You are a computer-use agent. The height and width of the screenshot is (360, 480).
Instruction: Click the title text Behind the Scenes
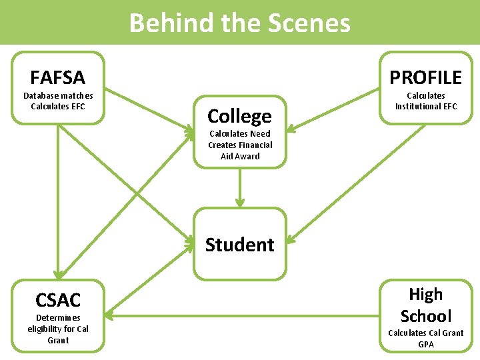tap(239, 23)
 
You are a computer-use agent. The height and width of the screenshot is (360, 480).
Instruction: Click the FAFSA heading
tap(58, 77)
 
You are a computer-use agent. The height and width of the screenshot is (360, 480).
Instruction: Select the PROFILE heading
tap(425, 77)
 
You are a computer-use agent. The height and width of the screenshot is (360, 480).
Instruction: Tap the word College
tap(239, 116)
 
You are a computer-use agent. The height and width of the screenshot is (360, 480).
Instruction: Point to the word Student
tap(239, 245)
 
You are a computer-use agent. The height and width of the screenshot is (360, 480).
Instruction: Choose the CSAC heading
tap(58, 300)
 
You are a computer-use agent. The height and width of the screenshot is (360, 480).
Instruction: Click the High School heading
tap(425, 305)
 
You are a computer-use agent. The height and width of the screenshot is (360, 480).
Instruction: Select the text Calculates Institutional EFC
tap(425, 101)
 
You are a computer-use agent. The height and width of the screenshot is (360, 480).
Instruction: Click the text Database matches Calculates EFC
tap(58, 101)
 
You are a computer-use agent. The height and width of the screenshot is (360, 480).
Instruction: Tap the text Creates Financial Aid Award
tap(239, 151)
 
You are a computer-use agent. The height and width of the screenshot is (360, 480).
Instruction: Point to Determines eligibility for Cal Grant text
tap(58, 329)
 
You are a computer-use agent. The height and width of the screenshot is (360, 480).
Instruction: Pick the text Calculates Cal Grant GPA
tap(425, 338)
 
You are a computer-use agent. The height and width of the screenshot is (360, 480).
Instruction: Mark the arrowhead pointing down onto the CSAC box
tap(58, 273)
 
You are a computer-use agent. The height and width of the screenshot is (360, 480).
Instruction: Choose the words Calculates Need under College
tap(239, 133)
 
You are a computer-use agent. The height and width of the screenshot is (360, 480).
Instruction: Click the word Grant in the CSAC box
tap(58, 340)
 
